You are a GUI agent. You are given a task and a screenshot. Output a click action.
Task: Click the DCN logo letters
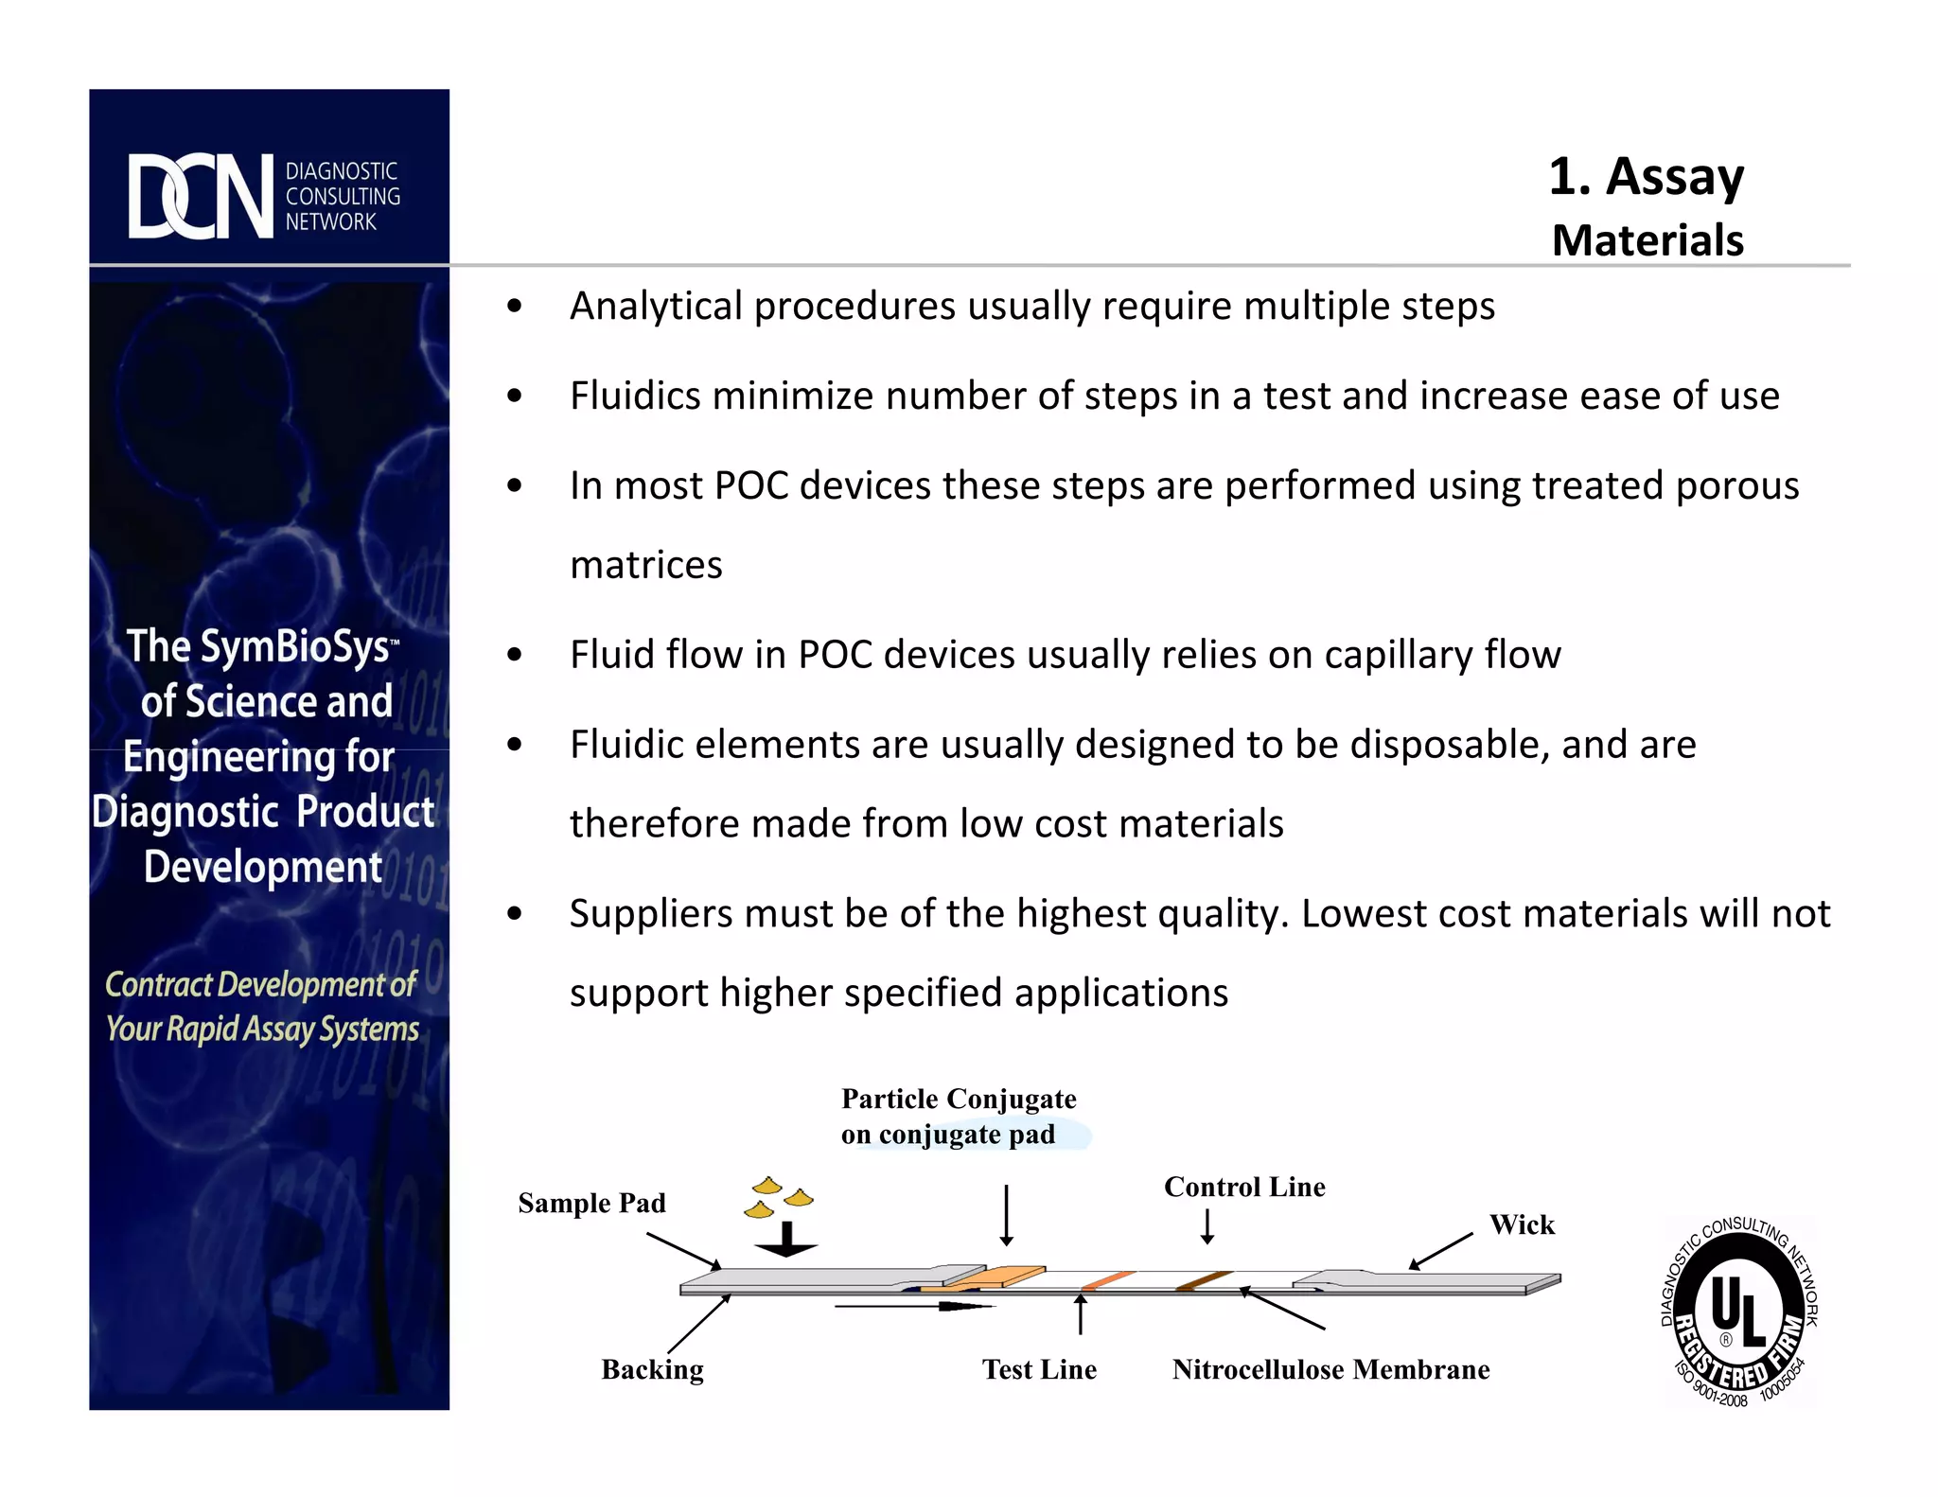point(201,196)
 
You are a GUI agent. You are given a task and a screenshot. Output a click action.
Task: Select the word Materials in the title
point(1647,240)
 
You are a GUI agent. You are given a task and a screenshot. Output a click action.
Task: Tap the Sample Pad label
point(591,1203)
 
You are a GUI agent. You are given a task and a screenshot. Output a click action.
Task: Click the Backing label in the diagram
point(652,1369)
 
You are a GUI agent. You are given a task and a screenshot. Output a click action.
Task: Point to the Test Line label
point(1038,1369)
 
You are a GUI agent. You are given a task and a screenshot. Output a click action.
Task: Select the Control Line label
point(1243,1187)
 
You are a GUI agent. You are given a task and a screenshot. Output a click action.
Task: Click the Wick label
point(1521,1224)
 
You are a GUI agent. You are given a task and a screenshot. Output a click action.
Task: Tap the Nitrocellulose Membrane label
point(1330,1369)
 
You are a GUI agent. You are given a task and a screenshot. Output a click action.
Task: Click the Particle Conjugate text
point(958,1099)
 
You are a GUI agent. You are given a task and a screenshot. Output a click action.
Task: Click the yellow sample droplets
point(780,1197)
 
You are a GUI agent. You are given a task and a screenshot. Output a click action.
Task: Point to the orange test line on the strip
point(1107,1280)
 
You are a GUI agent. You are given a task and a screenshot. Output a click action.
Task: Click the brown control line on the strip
point(1203,1280)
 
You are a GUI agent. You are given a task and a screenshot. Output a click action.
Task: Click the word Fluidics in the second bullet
point(634,396)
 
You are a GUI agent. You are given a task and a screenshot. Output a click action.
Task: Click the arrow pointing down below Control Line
point(1207,1226)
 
